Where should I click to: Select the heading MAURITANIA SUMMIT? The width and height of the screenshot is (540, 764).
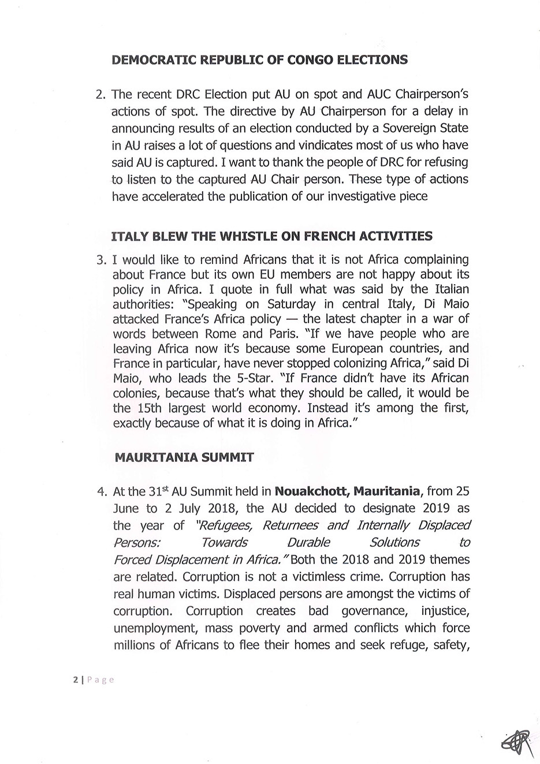(184, 457)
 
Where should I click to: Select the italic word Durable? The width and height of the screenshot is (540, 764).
(308, 542)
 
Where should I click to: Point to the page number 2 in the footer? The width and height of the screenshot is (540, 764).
(75, 680)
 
